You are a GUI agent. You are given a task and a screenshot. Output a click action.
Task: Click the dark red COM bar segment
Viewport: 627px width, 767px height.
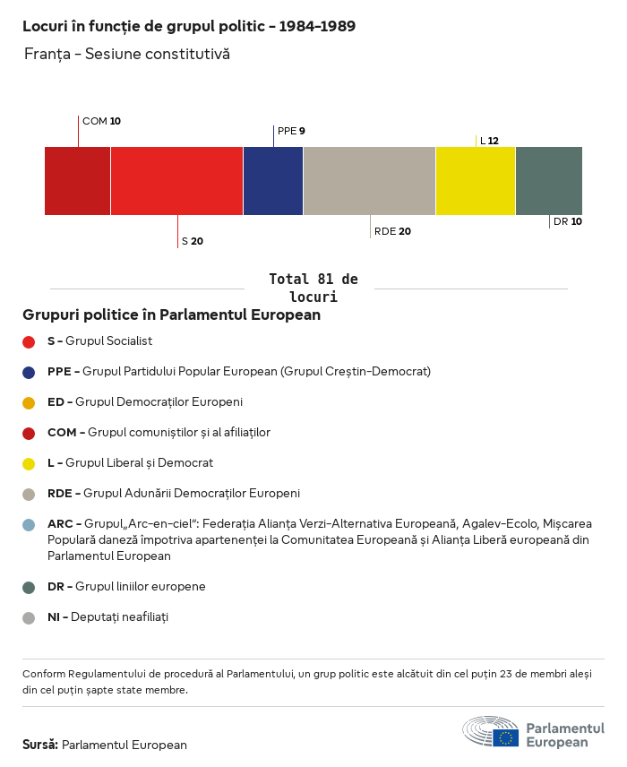[77, 181]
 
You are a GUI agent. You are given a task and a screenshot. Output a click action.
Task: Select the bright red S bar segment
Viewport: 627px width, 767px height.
[176, 181]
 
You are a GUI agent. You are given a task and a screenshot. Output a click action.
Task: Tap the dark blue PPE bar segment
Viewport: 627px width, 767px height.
[273, 181]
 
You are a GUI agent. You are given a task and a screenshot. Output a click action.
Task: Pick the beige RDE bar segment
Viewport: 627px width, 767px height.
[369, 181]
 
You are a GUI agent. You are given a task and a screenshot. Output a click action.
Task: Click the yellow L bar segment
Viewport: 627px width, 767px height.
[476, 181]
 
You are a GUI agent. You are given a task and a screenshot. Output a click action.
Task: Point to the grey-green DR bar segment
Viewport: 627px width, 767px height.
[549, 181]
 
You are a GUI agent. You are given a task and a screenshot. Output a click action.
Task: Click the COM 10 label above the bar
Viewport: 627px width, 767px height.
[101, 121]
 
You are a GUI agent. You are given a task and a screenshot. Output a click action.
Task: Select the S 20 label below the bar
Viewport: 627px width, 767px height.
[193, 241]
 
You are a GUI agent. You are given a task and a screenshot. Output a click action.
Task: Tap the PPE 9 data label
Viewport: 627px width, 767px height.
[291, 131]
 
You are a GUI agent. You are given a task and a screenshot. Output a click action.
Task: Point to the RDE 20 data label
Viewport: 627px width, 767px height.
[392, 231]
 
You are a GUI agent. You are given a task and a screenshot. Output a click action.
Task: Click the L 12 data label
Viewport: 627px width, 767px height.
[489, 141]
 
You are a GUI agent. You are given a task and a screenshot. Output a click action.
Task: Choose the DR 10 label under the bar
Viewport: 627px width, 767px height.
[568, 221]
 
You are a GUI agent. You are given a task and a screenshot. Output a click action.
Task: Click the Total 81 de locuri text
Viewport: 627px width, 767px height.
[313, 288]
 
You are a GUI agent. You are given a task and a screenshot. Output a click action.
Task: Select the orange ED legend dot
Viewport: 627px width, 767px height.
[29, 402]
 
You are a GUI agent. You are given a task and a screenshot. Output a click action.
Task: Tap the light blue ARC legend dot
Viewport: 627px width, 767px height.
[29, 524]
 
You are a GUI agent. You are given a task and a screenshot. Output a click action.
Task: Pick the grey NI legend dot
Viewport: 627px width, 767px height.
[29, 617]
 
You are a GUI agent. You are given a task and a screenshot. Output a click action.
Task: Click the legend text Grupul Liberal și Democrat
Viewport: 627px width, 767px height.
[139, 463]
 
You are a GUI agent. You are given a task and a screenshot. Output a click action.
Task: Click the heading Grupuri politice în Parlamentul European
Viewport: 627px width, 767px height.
[171, 315]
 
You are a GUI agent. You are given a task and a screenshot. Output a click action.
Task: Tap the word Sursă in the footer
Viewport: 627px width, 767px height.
[40, 745]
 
